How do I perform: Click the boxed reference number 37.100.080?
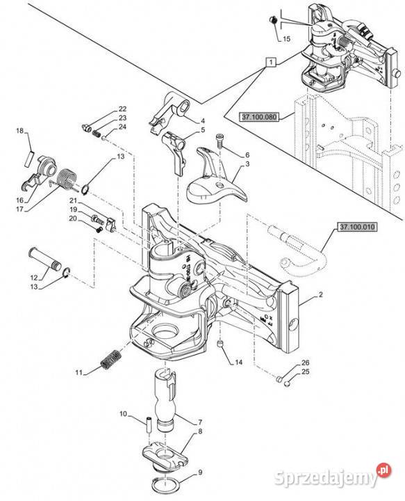click(258, 117)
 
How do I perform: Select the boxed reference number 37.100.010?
click(357, 227)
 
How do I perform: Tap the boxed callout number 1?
click(271, 62)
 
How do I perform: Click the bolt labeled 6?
click(219, 141)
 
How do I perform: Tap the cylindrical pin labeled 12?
click(45, 258)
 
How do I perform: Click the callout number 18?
click(19, 130)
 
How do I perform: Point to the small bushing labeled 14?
click(220, 344)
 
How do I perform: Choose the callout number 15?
click(286, 39)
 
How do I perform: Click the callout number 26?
click(305, 363)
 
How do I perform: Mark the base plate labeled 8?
click(164, 456)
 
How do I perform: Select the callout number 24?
click(122, 127)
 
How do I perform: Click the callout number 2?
click(320, 294)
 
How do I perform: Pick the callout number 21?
click(74, 200)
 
